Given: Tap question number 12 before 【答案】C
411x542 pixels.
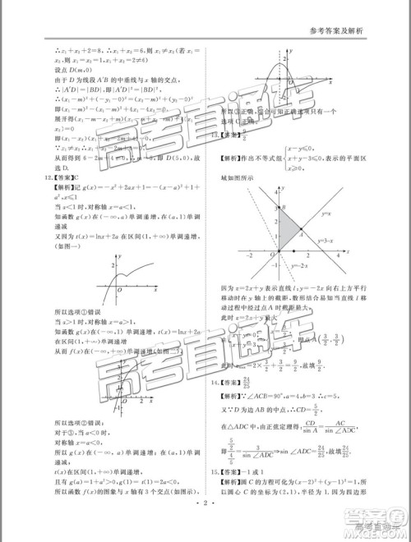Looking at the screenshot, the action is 31,177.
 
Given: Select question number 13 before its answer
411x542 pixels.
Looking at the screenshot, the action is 216,133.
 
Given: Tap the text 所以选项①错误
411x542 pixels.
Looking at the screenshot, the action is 58,312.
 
